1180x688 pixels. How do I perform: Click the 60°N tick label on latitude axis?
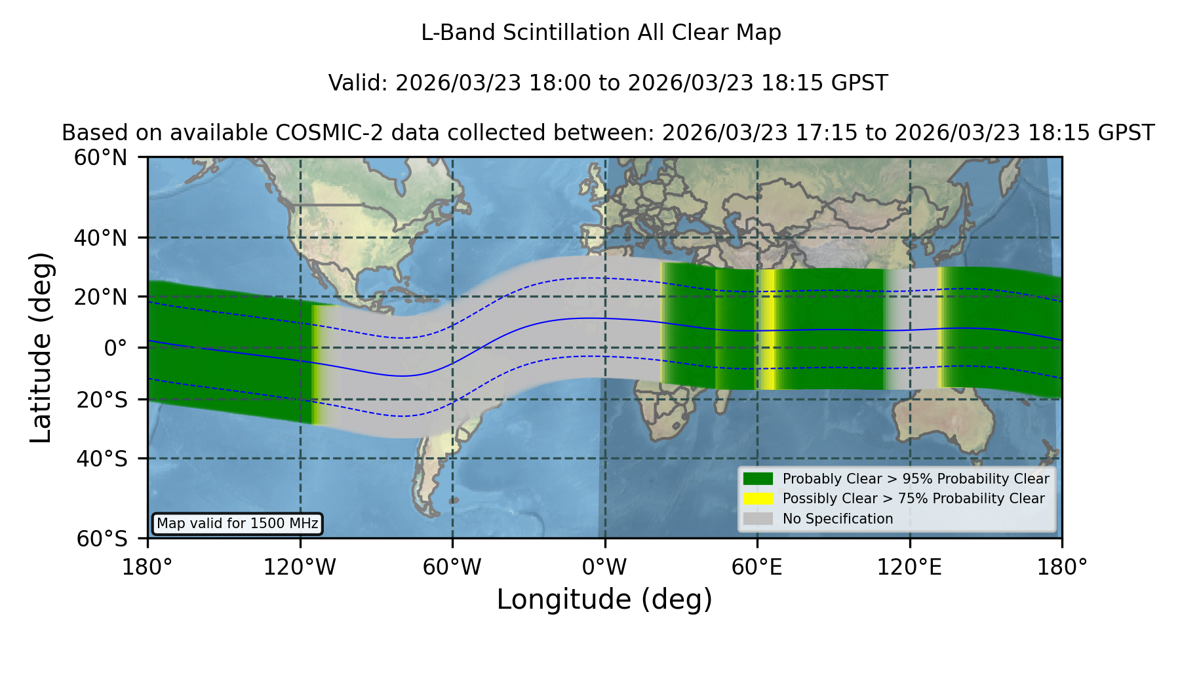click(100, 158)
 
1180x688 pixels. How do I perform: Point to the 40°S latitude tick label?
click(102, 459)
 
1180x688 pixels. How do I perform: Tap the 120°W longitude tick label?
click(300, 567)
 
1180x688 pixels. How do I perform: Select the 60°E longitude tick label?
click(757, 567)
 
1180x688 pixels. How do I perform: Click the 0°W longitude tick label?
click(604, 567)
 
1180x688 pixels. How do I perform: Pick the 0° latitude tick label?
click(115, 348)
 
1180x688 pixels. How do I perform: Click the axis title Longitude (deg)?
click(604, 600)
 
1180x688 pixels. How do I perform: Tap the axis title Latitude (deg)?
click(41, 347)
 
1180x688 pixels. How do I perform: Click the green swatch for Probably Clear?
click(758, 479)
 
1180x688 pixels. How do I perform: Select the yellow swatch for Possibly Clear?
click(758, 499)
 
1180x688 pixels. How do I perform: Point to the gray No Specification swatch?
click(758, 519)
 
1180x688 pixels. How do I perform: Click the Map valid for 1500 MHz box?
click(237, 524)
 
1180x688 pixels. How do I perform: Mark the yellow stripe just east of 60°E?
click(768, 330)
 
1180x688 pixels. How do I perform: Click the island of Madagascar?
click(721, 395)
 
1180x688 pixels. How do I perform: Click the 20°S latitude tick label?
click(102, 400)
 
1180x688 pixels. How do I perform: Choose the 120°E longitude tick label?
click(909, 567)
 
